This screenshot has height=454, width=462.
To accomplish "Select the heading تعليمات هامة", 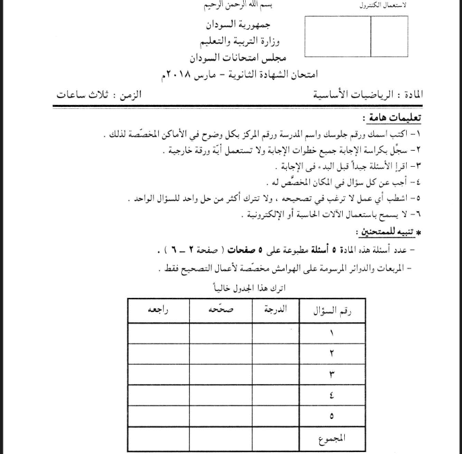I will click(393, 117).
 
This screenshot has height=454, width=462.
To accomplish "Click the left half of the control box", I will click(337, 37).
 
